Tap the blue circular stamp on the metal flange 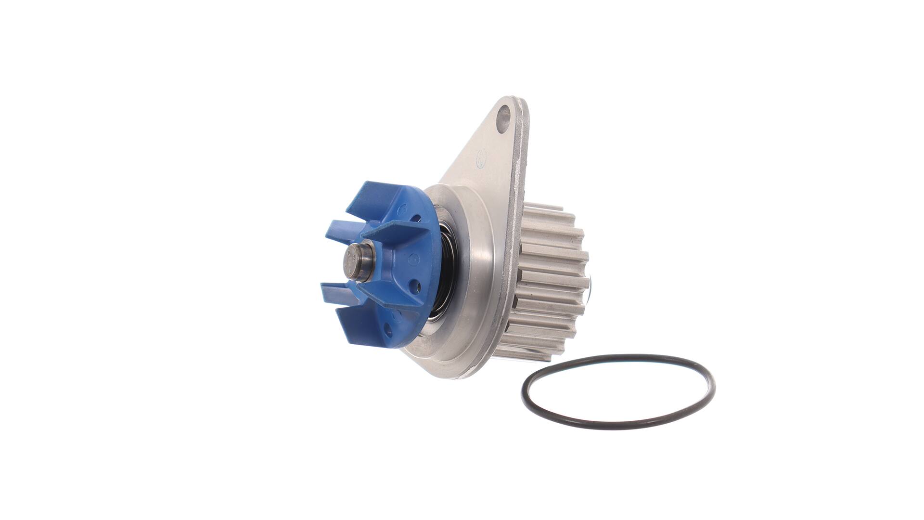481,158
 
